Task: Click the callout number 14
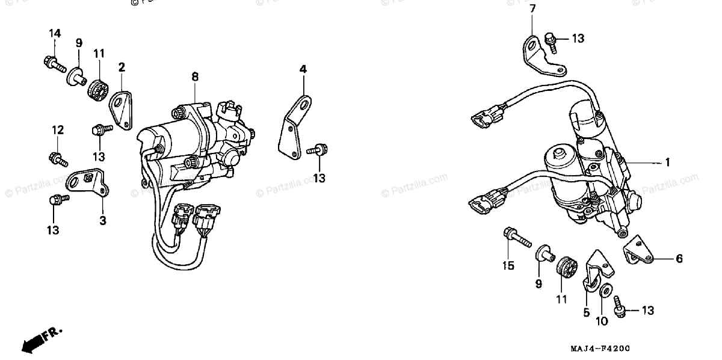pyautogui.click(x=55, y=33)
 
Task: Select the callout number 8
pyautogui.click(x=195, y=76)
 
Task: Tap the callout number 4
pyautogui.click(x=303, y=70)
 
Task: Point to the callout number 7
pyautogui.click(x=532, y=8)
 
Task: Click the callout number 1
pyautogui.click(x=667, y=163)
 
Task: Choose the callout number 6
pyautogui.click(x=679, y=259)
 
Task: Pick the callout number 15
pyautogui.click(x=508, y=265)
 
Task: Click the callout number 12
pyautogui.click(x=57, y=130)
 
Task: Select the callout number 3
pyautogui.click(x=103, y=221)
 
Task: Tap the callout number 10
pyautogui.click(x=602, y=321)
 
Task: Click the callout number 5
pyautogui.click(x=585, y=312)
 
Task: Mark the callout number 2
pyautogui.click(x=122, y=66)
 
